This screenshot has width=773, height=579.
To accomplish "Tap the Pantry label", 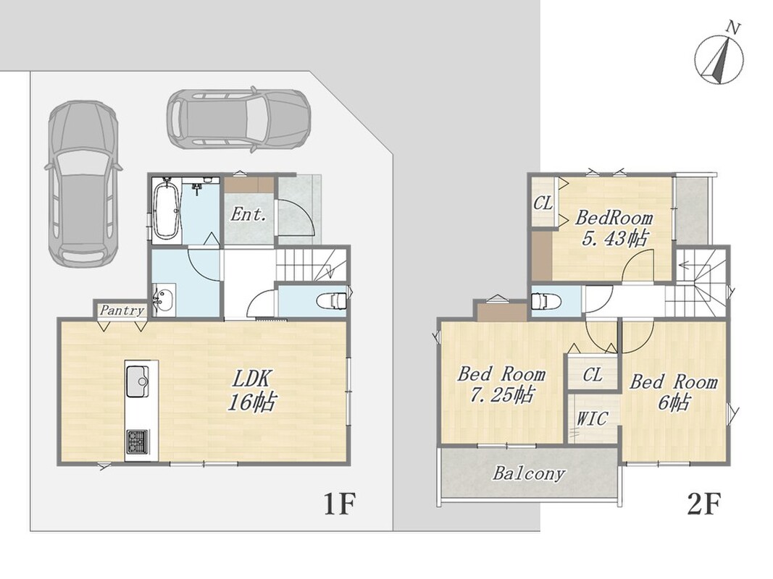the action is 122,310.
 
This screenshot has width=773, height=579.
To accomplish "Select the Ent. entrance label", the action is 249,215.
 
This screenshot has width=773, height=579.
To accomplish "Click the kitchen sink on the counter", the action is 138,381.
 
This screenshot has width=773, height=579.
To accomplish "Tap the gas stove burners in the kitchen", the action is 138,441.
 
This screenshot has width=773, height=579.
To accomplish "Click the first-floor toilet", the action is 333,300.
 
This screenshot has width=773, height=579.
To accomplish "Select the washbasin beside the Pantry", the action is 163,300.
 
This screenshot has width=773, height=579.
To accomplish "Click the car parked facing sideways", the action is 238,118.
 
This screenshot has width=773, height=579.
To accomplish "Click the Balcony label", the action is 529,473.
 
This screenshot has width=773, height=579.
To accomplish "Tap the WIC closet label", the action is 592,418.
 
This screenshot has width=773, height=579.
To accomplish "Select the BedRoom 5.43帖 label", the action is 614,228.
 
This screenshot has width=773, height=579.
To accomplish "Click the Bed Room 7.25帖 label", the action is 502,384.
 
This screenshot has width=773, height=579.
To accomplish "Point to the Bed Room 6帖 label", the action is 674,392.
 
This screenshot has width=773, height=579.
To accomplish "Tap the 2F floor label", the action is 704,503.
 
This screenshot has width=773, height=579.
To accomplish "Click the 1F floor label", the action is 339,503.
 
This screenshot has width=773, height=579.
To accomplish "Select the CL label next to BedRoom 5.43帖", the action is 543,203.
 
